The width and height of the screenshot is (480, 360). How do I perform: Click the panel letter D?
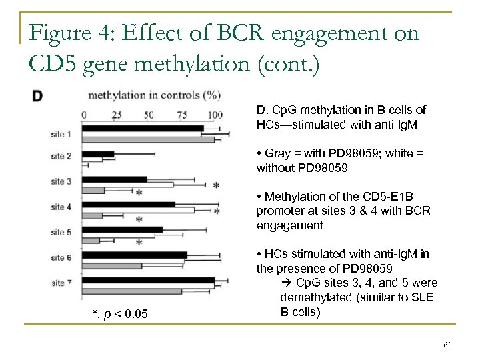pyautogui.click(x=38, y=96)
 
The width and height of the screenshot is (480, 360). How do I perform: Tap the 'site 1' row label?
pyautogui.click(x=61, y=135)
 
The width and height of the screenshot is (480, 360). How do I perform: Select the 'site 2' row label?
pyautogui.click(x=61, y=157)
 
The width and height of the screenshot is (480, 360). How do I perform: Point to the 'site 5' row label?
pyautogui.click(x=61, y=233)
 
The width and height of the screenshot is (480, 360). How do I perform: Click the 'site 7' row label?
pyautogui.click(x=61, y=284)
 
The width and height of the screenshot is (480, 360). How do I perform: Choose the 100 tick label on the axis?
pyautogui.click(x=214, y=114)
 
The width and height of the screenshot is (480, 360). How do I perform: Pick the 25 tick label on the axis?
pyautogui.click(x=117, y=114)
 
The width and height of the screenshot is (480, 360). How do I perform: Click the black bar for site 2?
pyautogui.click(x=98, y=154)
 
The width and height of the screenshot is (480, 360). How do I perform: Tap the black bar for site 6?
pyautogui.click(x=135, y=255)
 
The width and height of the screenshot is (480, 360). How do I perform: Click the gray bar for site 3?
pyautogui.click(x=93, y=191)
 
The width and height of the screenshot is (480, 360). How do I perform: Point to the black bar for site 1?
pyautogui.click(x=143, y=128)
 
